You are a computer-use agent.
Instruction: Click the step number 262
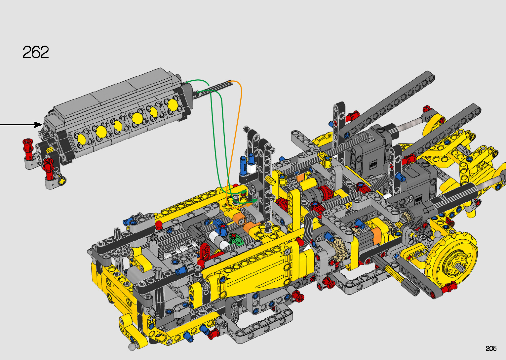click(x=36, y=52)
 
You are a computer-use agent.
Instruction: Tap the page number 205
click(x=491, y=348)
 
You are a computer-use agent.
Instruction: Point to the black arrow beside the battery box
click(x=21, y=125)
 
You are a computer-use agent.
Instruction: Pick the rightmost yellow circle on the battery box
click(x=173, y=105)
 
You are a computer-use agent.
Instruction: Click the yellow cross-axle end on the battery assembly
click(x=62, y=181)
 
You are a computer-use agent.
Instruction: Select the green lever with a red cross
click(x=235, y=238)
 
